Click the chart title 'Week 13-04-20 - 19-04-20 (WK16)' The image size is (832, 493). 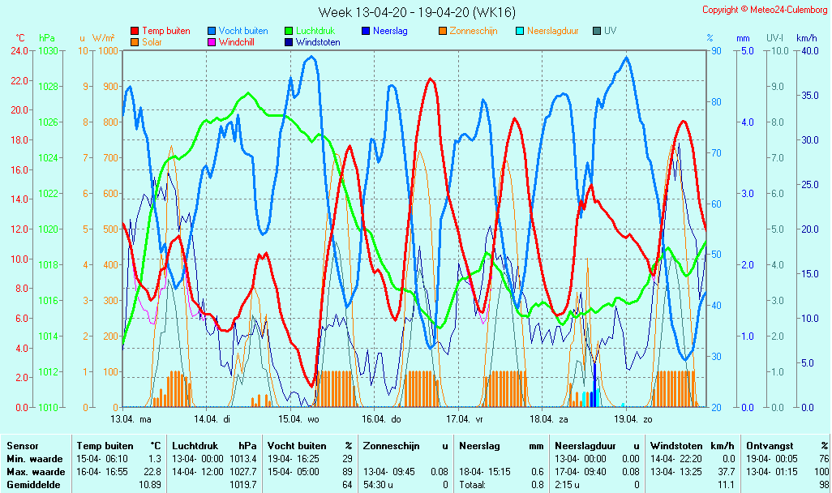416,12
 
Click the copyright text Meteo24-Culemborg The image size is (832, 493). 765,10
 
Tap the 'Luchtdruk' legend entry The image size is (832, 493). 312,31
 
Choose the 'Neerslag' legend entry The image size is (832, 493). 384,31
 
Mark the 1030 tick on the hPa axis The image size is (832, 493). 48,50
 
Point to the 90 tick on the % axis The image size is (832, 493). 716,50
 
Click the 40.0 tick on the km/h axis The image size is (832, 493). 808,50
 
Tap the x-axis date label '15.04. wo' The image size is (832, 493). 299,419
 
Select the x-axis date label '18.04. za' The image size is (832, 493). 549,419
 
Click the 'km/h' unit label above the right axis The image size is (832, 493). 806,38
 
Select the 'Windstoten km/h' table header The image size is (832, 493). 693,446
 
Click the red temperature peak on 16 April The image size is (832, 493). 430,79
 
